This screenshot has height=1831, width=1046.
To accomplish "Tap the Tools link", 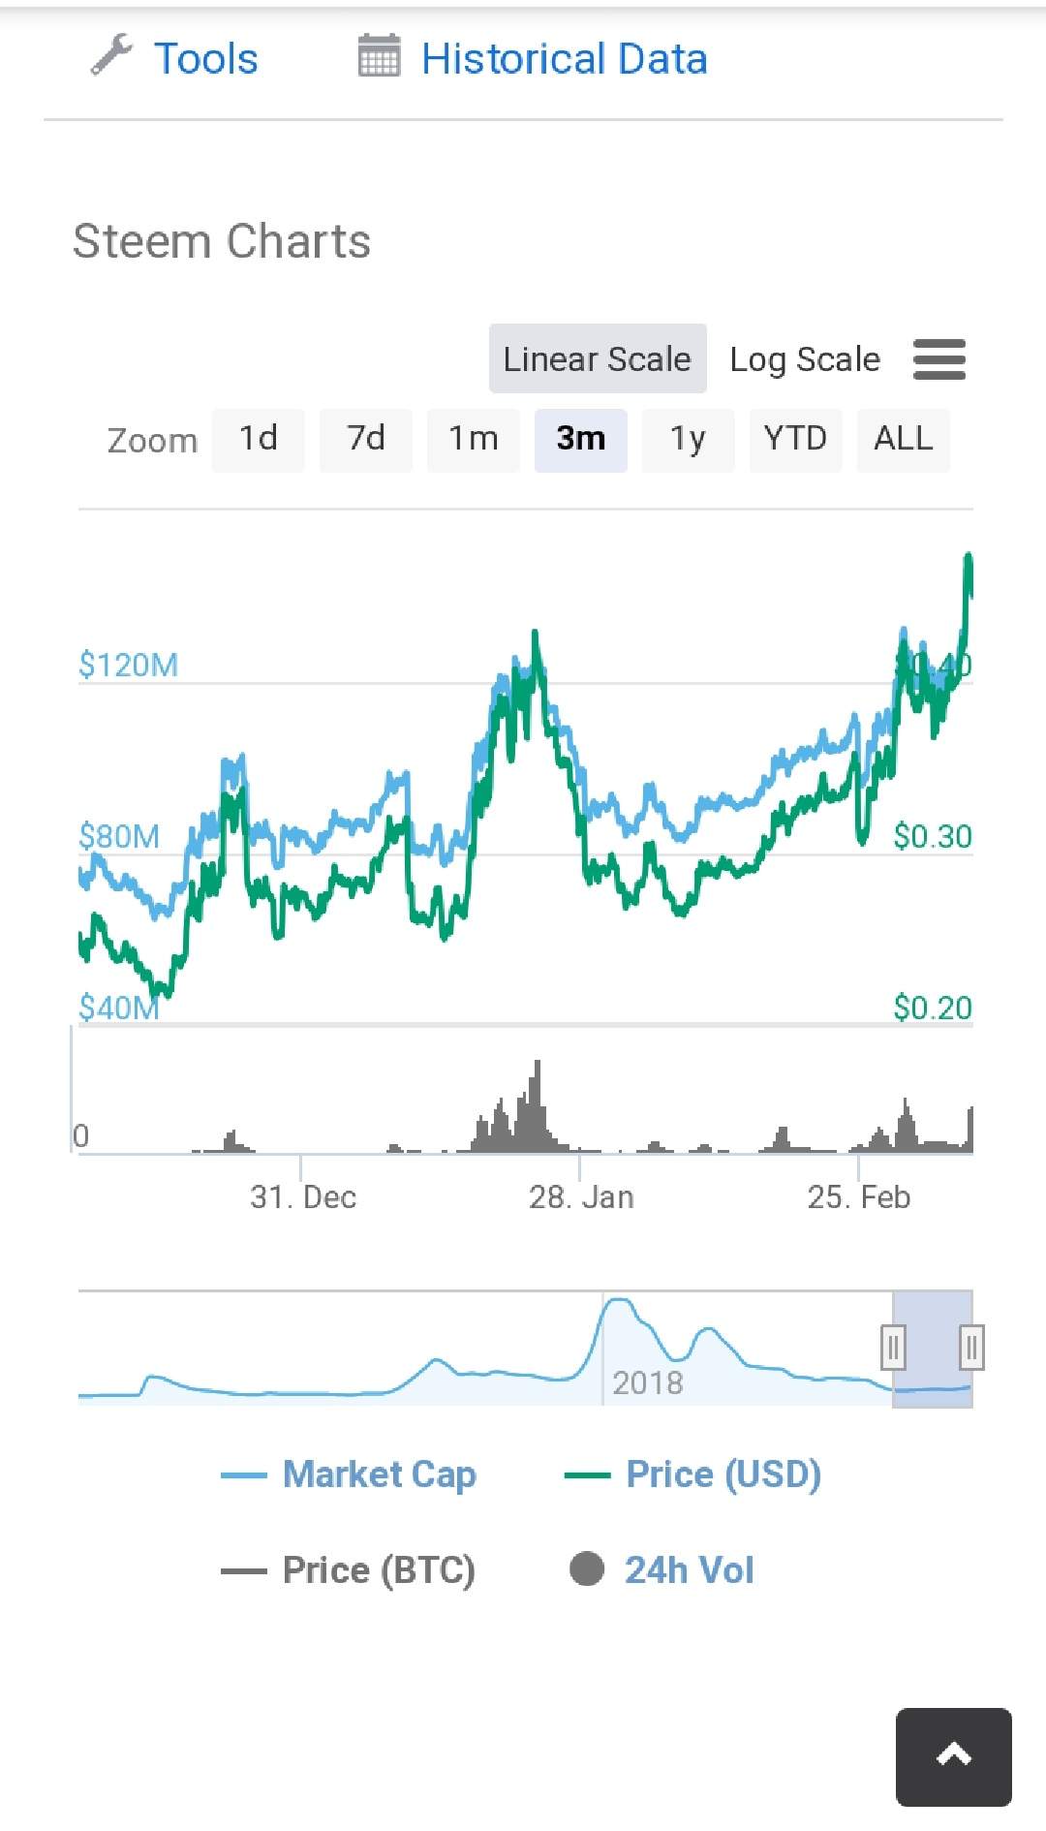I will pos(204,59).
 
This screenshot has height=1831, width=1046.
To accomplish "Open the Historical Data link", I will pos(564,59).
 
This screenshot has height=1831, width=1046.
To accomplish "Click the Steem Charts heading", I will pos(222,241).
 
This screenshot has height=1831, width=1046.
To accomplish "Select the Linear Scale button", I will pos(598,359).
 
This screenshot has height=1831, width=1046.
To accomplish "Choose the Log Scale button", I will pos(805,359).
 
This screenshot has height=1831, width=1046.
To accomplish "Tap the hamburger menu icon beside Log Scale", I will pos(939,359).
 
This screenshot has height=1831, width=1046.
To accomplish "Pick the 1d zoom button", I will pos(259,439).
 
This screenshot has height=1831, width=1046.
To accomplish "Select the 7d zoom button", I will pos(366,439).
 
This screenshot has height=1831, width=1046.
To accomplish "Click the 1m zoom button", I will pos(474,439).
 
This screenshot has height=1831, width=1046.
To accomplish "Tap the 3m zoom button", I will pos(581,439).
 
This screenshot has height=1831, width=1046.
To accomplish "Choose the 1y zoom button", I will pos(688,439).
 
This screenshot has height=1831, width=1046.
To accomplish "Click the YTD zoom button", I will pos(795,439).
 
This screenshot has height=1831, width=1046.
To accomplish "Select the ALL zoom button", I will pos(903,439).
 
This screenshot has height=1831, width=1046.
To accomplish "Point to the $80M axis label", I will pos(119,836).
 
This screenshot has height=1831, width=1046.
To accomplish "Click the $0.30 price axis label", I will pos(932,836).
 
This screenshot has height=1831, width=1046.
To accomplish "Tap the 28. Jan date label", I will pos(581,1197).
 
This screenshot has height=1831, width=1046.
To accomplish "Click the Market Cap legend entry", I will pos(379,1474).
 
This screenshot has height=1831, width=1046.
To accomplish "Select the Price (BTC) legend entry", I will pos(379,1569).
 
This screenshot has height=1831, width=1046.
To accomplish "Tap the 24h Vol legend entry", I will pos(689,1569).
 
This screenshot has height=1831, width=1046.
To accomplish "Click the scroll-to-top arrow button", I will pos(953,1756).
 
